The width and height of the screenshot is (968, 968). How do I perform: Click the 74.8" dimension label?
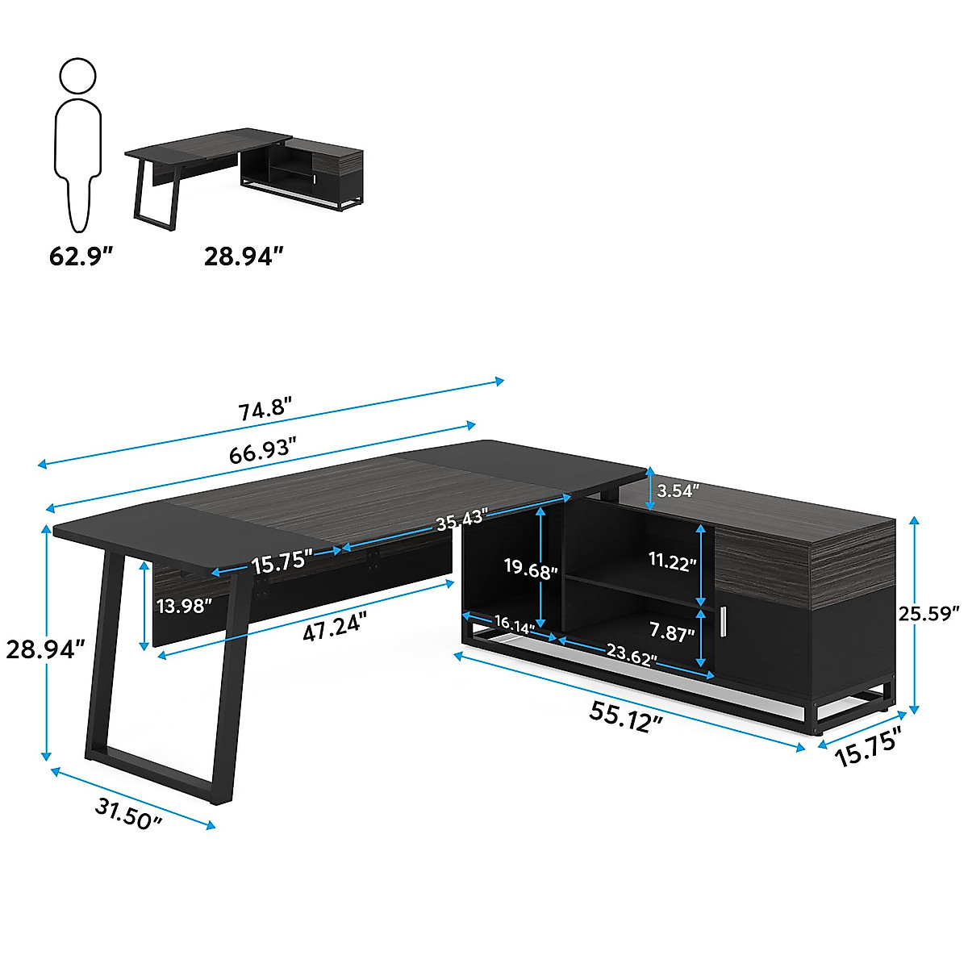coord(264,411)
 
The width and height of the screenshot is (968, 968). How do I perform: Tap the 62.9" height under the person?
coord(80,257)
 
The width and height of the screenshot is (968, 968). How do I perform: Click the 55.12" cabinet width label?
coord(626,716)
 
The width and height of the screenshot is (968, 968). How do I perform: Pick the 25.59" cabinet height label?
coord(928,613)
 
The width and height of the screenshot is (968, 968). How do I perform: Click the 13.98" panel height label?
coord(185,604)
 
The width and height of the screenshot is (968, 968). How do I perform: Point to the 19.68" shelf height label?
coord(531,570)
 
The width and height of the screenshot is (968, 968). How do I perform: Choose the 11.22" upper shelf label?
coord(672,562)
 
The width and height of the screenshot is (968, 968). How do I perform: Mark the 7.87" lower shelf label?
coord(672,633)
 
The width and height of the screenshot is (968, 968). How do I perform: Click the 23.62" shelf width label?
coord(630,657)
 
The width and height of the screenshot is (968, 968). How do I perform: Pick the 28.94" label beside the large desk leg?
coord(44,649)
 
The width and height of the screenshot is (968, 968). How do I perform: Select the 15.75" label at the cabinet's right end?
coord(867,748)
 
